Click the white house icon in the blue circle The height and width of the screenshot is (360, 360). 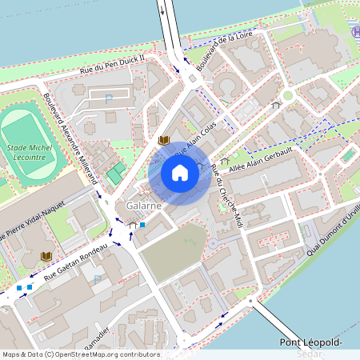point(180,173)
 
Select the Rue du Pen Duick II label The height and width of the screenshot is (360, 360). point(113,64)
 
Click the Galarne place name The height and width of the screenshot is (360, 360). point(144,206)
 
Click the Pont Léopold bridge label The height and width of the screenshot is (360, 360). point(311,343)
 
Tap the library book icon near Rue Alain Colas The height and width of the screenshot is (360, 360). point(164,141)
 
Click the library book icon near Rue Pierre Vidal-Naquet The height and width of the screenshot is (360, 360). point(46,256)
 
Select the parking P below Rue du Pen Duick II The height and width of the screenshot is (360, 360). point(109,98)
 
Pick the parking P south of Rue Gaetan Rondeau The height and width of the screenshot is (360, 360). point(98,280)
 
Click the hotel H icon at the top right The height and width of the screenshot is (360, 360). point(355,31)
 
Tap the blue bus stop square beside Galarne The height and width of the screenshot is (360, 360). point(142,225)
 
